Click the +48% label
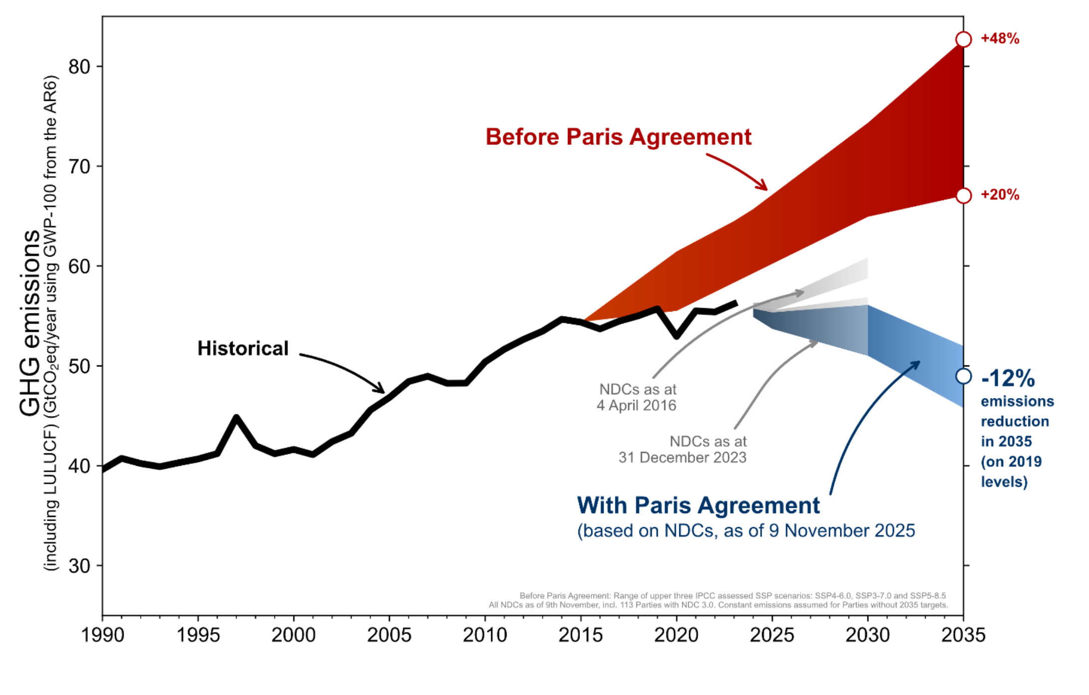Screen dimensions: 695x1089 pos(1000,39)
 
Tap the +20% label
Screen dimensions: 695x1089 pos(1000,195)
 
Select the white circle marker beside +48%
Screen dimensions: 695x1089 pos(963,39)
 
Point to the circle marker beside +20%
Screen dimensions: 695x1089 pos(963,196)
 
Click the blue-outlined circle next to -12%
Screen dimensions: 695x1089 pos(963,376)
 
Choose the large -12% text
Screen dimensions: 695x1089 pos(1008,378)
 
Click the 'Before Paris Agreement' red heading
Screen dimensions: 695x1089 pos(618,137)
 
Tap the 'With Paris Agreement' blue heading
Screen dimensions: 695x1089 pos(698,505)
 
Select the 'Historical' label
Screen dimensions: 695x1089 pos(243,348)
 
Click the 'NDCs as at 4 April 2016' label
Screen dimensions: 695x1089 pos(637,397)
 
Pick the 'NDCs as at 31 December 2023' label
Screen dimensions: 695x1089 pos(683,449)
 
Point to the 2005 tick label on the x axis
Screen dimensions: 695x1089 pos(389,635)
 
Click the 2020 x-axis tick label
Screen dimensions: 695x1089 pos(676,635)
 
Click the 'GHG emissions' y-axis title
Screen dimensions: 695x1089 pos(29,323)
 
